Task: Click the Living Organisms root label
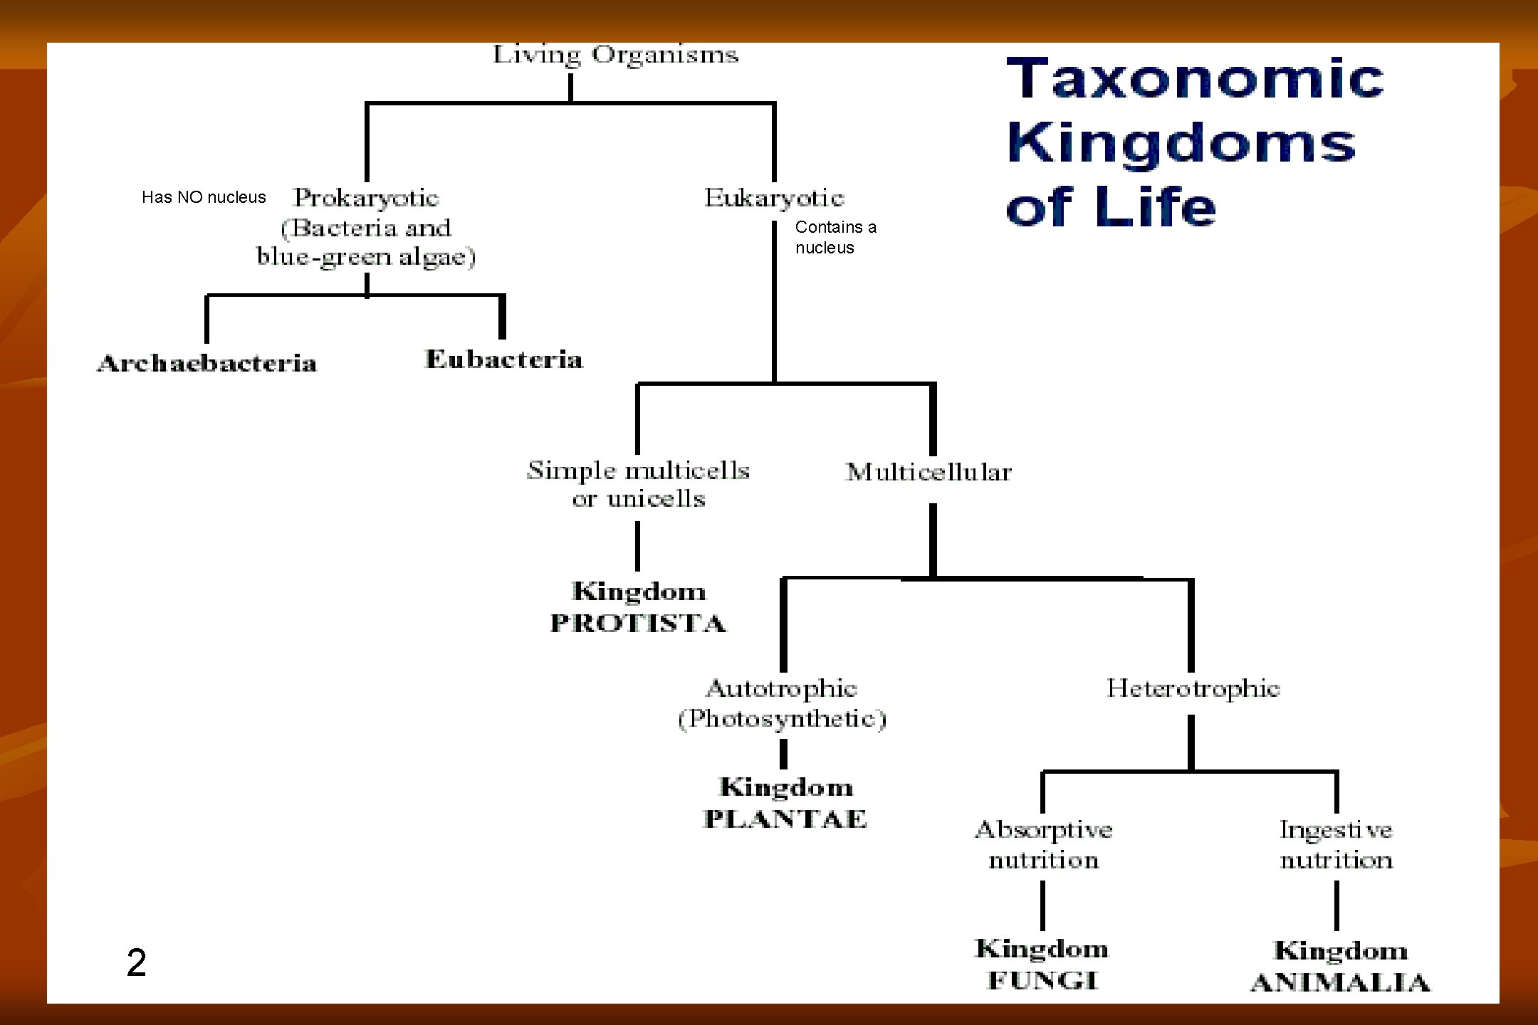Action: click(616, 56)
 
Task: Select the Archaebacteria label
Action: click(207, 363)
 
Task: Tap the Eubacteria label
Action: click(504, 359)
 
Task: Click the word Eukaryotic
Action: click(774, 198)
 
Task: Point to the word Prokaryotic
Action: click(367, 198)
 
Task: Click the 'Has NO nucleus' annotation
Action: click(204, 197)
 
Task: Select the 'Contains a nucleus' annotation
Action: click(835, 237)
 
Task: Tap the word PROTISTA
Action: click(638, 624)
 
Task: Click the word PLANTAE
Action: click(785, 819)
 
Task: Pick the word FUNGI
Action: click(1043, 981)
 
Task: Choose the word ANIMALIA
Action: click(1340, 983)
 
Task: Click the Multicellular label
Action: click(928, 472)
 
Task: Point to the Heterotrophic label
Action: click(1193, 688)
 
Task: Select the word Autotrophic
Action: click(782, 688)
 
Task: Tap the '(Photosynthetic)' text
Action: click(782, 719)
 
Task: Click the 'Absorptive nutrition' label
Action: click(1044, 845)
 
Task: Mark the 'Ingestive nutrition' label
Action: click(1336, 845)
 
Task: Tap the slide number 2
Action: click(136, 962)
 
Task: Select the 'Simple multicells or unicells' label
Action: click(638, 484)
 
